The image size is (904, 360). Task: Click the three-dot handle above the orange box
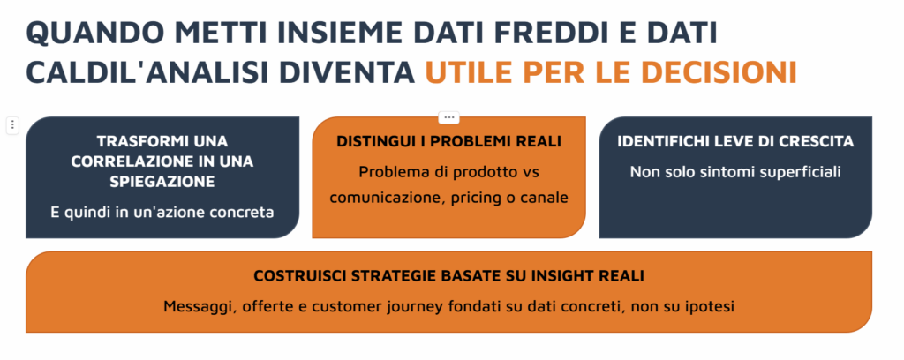449,117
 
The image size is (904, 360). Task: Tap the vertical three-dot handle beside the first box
12,125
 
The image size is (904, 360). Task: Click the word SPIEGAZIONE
162,182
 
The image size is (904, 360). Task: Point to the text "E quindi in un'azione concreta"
162,212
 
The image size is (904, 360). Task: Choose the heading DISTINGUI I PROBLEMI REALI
449,142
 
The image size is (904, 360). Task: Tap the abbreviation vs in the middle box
531,172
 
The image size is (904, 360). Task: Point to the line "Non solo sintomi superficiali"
735,172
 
